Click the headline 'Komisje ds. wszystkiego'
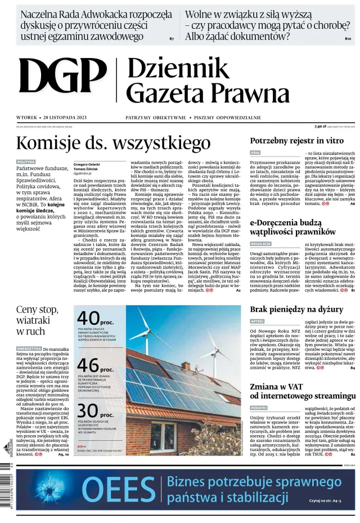(x=105, y=142)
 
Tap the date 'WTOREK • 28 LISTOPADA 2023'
(x=52, y=118)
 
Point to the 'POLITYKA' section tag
(x=26, y=162)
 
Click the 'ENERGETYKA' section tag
(x=29, y=348)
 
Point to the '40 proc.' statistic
(x=94, y=319)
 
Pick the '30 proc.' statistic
(x=94, y=412)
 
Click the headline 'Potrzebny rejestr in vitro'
(x=296, y=141)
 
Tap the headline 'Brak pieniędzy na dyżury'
(x=296, y=309)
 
